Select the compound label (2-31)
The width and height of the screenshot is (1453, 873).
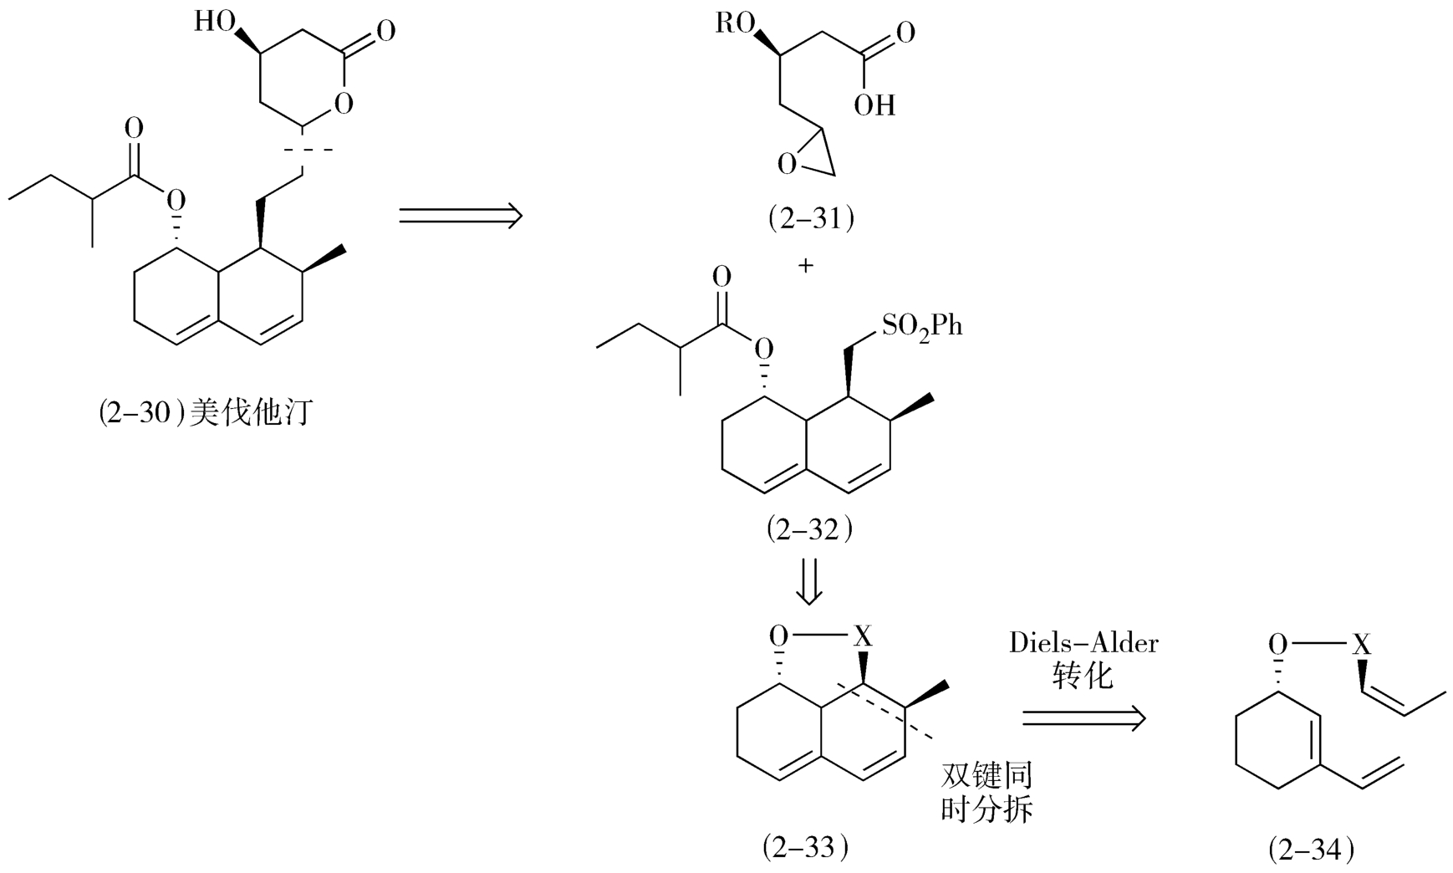click(810, 218)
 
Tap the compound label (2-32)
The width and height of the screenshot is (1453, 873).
click(808, 528)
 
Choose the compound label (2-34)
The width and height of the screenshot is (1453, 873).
click(1311, 850)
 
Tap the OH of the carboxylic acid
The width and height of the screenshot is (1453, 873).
click(874, 105)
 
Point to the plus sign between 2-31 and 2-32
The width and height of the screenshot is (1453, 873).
click(806, 266)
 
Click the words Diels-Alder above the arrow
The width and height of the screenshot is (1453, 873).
click(1083, 643)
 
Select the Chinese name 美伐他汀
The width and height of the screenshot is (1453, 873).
click(251, 413)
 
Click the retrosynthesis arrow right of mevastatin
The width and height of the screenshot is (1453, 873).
click(460, 216)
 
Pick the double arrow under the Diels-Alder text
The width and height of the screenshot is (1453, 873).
click(1083, 717)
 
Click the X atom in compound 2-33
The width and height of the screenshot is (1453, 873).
click(862, 637)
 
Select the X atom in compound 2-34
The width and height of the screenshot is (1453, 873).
click(1363, 644)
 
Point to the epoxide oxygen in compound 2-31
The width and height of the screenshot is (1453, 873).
click(787, 163)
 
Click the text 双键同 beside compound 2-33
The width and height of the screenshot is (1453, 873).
click(987, 775)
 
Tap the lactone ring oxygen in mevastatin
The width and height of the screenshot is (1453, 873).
click(342, 104)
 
